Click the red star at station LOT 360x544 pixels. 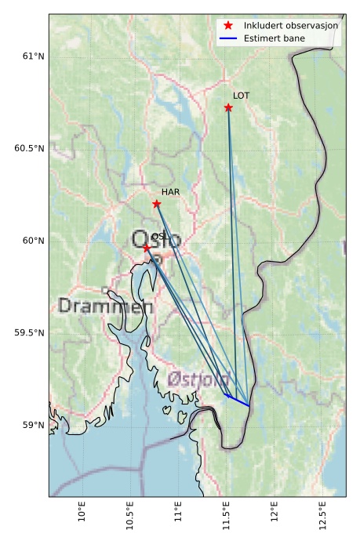click(228, 107)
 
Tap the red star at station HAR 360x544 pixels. click(157, 204)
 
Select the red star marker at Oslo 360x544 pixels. click(147, 248)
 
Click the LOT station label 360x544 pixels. click(242, 95)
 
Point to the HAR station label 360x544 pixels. click(171, 191)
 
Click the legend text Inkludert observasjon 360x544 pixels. click(291, 26)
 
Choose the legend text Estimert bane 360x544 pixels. click(275, 38)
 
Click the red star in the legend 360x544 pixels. click(228, 26)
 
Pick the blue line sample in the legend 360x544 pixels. click(228, 38)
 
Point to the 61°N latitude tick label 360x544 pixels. click(33, 56)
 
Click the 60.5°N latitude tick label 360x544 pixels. click(30, 148)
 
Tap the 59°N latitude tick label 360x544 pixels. click(33, 425)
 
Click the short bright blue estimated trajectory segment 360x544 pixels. click(238, 400)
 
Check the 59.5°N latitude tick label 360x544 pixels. click(30, 333)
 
